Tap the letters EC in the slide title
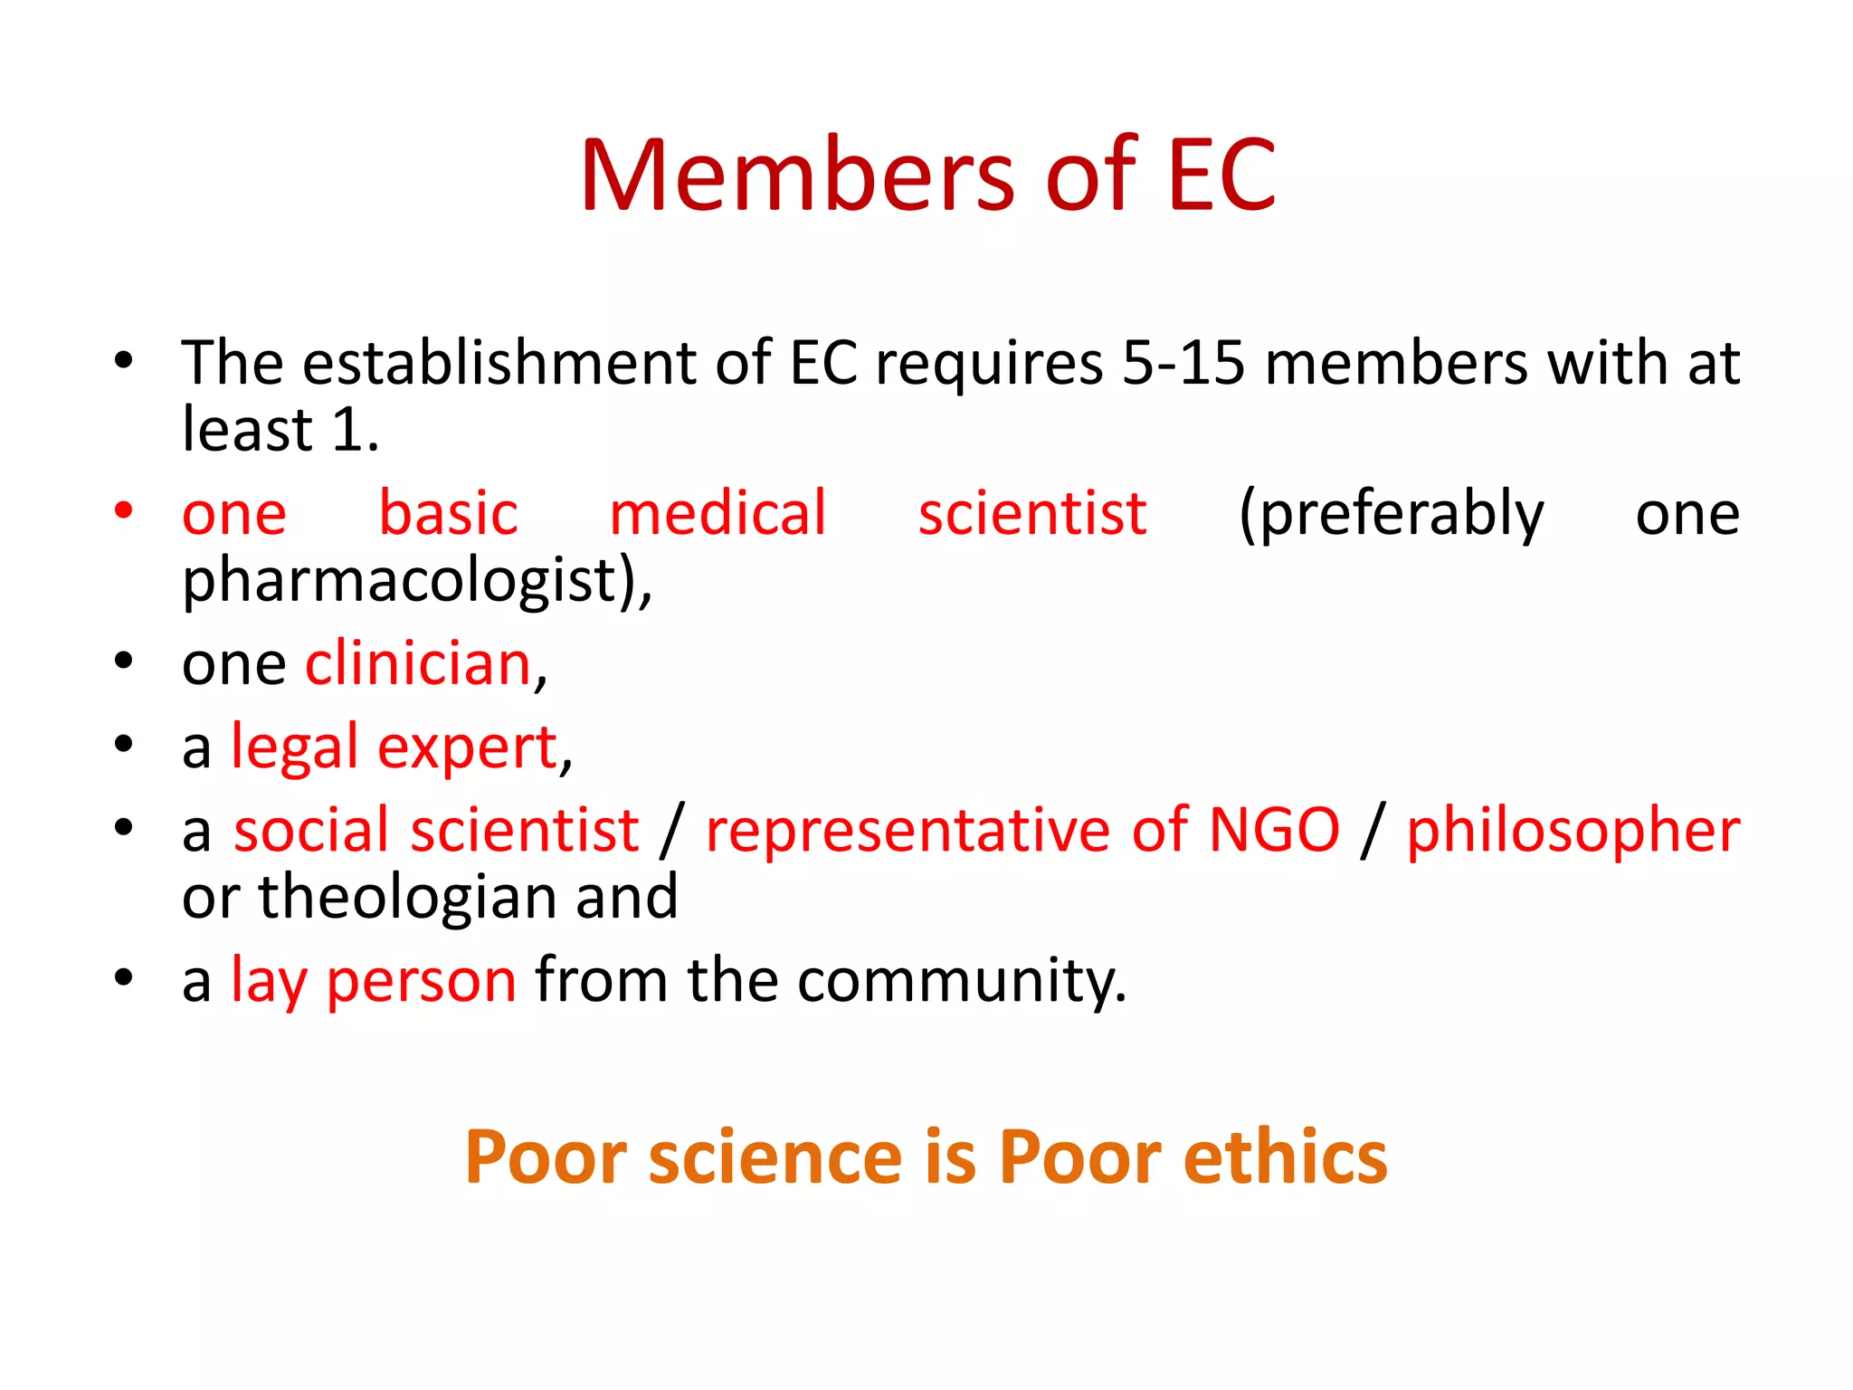coord(1221,176)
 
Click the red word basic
coord(448,513)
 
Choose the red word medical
coord(717,513)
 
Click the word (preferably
coord(1392,515)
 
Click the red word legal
coord(295,748)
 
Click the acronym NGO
coord(1274,830)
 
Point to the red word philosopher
coord(1573,832)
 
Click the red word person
coord(422,982)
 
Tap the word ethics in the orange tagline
coord(1285,1157)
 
